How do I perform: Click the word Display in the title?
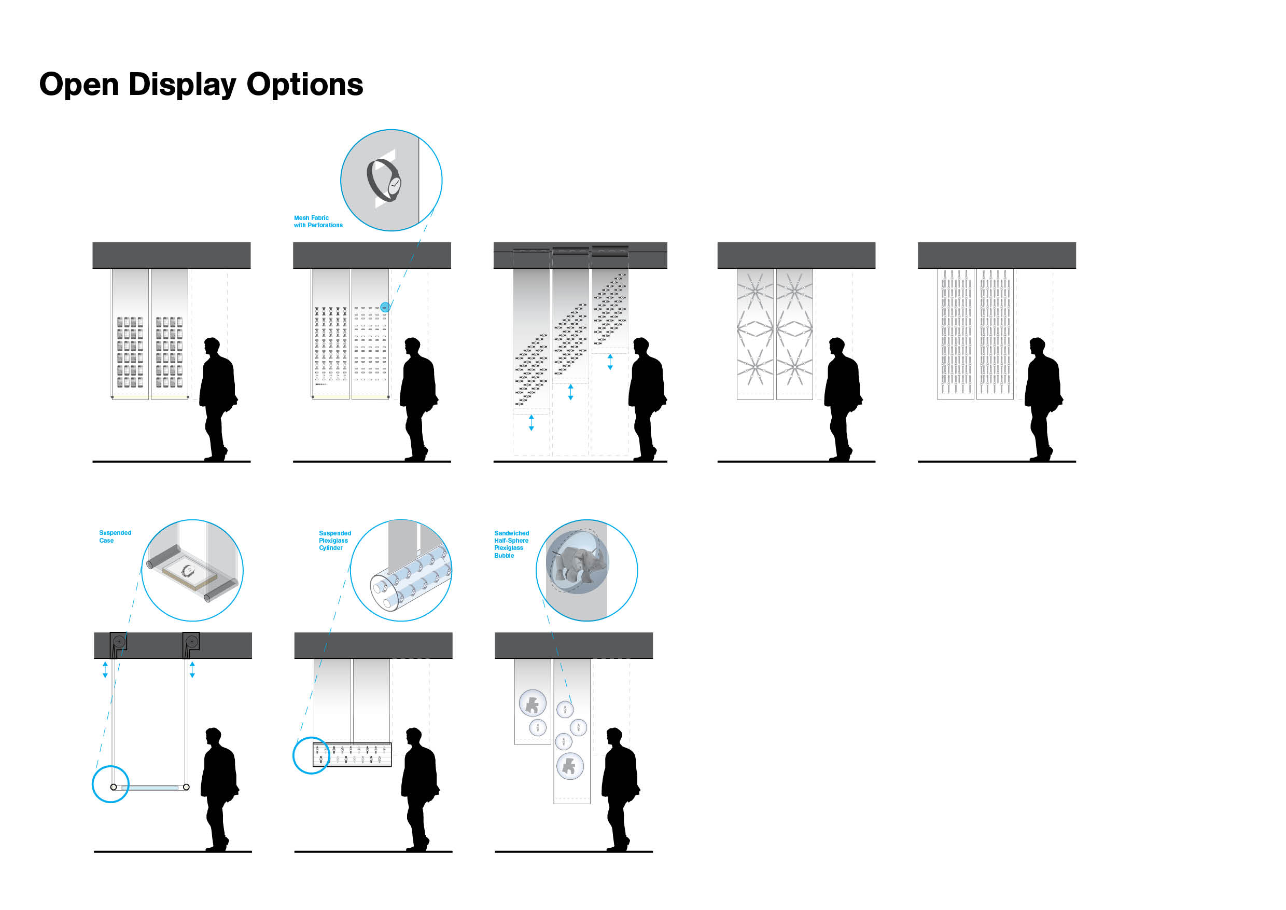pyautogui.click(x=183, y=85)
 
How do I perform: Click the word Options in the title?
pyautogui.click(x=305, y=84)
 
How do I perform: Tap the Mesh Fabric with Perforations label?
pyautogui.click(x=318, y=222)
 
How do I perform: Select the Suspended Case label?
pyautogui.click(x=115, y=536)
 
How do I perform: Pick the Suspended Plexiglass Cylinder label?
pyautogui.click(x=335, y=540)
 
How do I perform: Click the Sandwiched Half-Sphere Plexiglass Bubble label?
pyautogui.click(x=511, y=544)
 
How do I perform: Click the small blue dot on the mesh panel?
pyautogui.click(x=385, y=307)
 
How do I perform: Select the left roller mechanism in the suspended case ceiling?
pyautogui.click(x=118, y=642)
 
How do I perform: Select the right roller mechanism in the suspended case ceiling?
pyautogui.click(x=191, y=642)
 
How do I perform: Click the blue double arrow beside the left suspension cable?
pyautogui.click(x=105, y=670)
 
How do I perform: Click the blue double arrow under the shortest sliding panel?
pyautogui.click(x=610, y=362)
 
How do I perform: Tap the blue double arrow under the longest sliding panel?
pyautogui.click(x=531, y=423)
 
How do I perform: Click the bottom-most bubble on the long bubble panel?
pyautogui.click(x=570, y=766)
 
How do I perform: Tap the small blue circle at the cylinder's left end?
pyautogui.click(x=310, y=755)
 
